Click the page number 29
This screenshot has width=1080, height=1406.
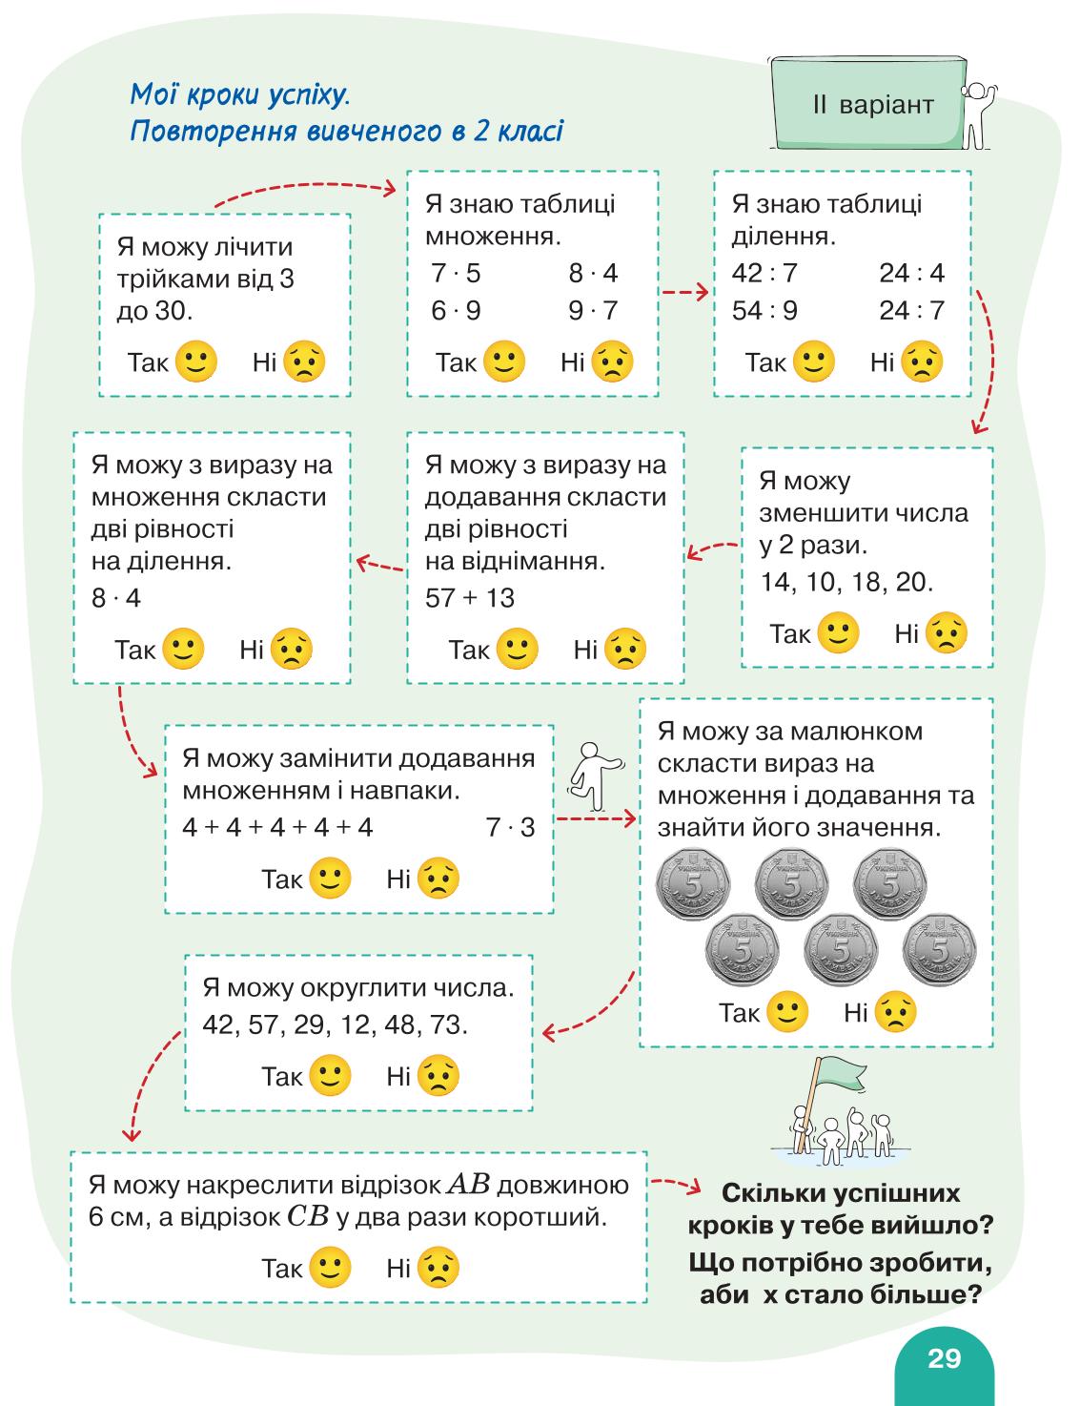pos(944,1357)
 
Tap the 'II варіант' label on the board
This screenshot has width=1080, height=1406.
pos(873,104)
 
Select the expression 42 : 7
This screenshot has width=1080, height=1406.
pos(764,273)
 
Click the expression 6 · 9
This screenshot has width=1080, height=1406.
pos(456,311)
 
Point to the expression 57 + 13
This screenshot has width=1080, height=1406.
pos(469,598)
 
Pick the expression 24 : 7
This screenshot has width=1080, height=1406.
pos(911,311)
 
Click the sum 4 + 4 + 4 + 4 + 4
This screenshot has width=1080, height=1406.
pos(278,827)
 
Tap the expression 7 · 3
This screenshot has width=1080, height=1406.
pos(511,827)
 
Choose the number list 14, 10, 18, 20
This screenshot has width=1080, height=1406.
pos(846,582)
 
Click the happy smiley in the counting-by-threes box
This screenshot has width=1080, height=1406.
pos(196,362)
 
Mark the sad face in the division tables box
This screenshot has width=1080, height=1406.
pos(923,362)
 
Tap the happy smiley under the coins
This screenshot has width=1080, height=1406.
pos(787,1011)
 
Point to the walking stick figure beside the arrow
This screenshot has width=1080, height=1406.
pos(595,776)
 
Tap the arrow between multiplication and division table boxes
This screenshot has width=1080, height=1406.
pos(685,293)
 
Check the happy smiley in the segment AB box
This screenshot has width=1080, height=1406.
pos(330,1267)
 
